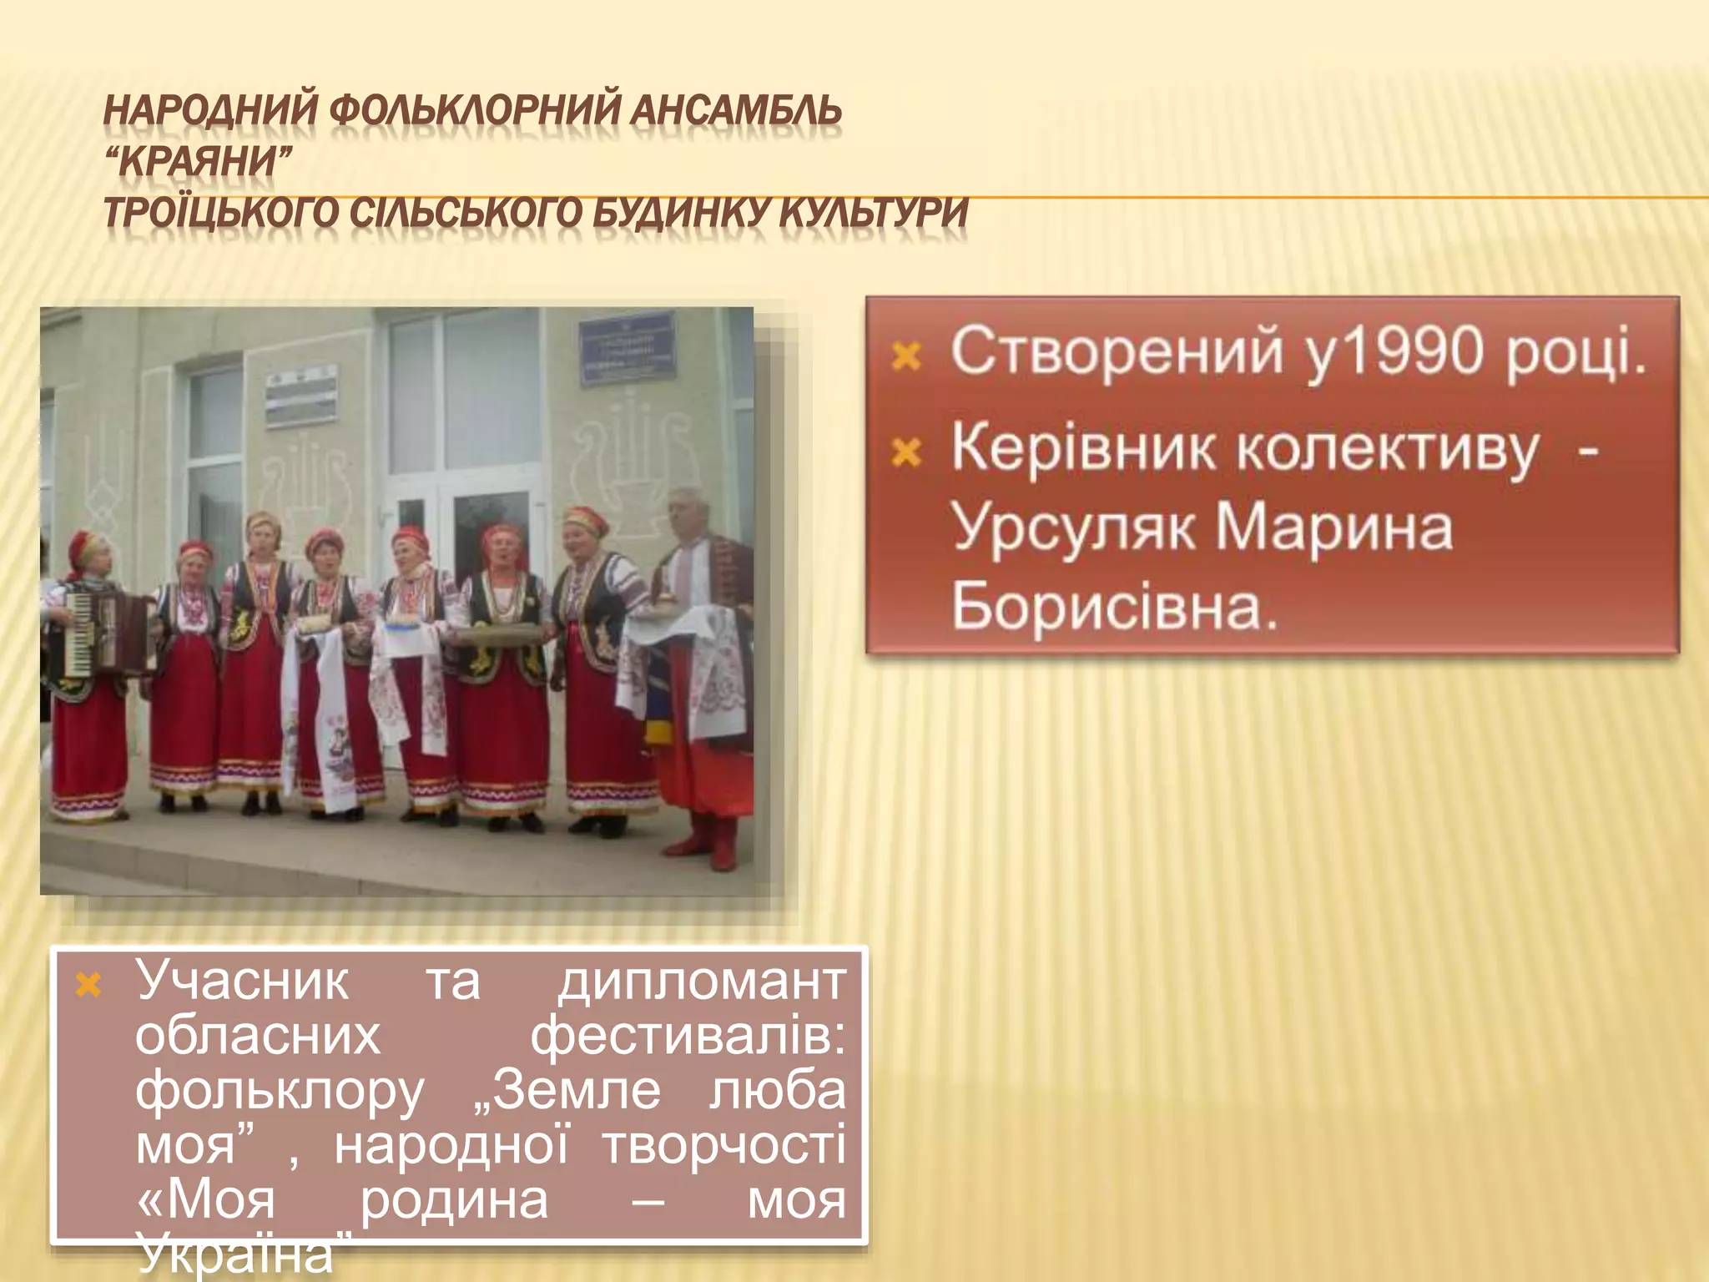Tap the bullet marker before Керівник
click(x=905, y=454)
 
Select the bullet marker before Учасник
click(x=88, y=987)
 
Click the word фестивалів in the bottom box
click(x=688, y=1037)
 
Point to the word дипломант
click(x=701, y=982)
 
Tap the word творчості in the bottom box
click(x=723, y=1146)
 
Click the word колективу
click(x=1385, y=451)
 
